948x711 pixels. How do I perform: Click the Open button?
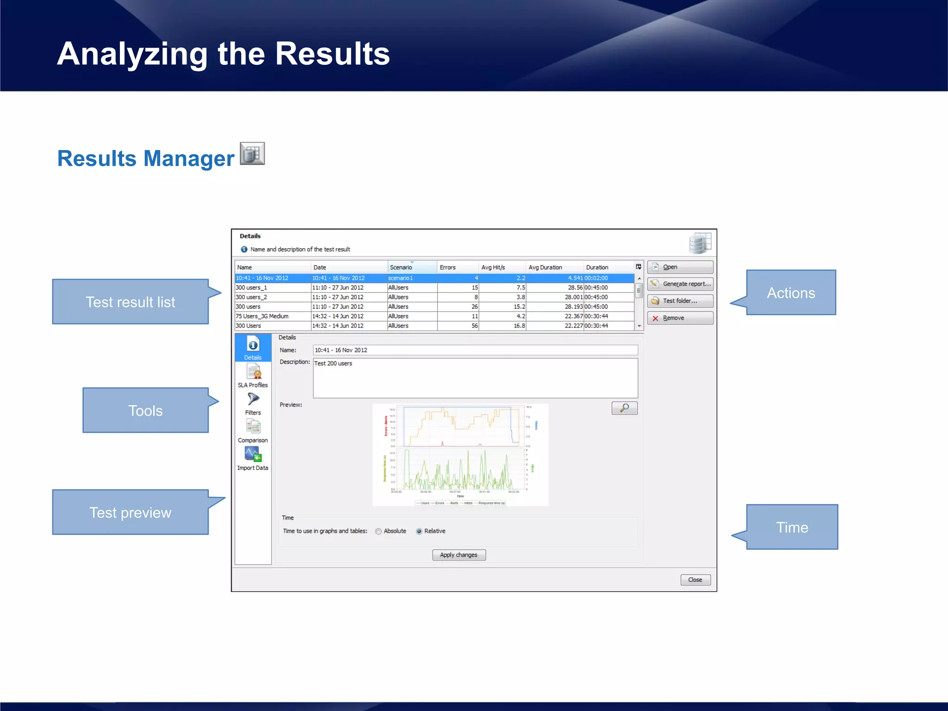tap(680, 267)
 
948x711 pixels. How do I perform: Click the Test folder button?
tap(680, 301)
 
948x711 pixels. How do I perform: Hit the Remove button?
tap(680, 318)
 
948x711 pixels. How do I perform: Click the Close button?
tap(695, 580)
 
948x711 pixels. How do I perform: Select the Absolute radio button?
tap(379, 531)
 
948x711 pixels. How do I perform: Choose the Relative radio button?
tap(419, 531)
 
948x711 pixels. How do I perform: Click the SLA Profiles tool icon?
tap(253, 372)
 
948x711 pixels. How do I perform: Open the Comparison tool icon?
tap(253, 427)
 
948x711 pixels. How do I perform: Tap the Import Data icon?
tap(253, 455)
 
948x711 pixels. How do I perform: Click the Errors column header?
tap(448, 268)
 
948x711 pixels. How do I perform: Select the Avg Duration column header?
tap(545, 268)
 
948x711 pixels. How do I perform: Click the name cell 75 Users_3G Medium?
tap(262, 316)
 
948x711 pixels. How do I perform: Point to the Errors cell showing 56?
tap(474, 326)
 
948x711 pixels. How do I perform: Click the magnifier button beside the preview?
tap(624, 408)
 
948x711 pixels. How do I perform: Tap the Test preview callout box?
tap(131, 512)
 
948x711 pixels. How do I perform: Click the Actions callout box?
tap(791, 293)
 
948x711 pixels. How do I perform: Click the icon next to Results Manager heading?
tap(252, 154)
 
